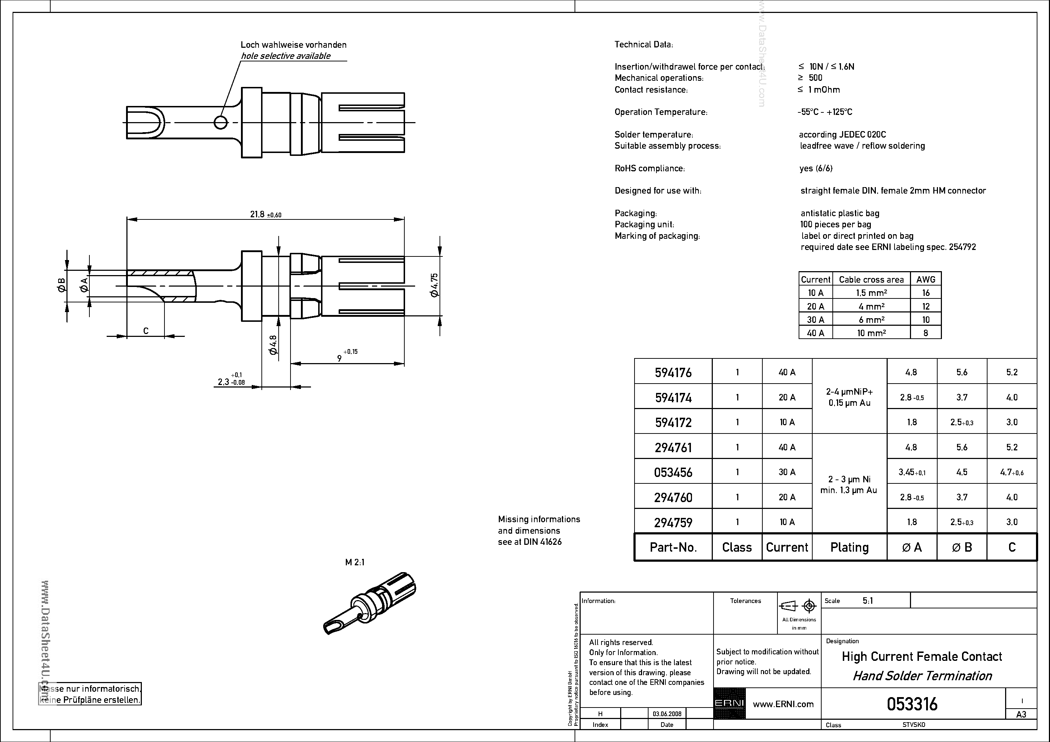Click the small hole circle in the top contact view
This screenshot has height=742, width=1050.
click(x=220, y=122)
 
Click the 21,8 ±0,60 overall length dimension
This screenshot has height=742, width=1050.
click(x=265, y=214)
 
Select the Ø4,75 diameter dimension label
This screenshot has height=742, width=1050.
click(x=435, y=285)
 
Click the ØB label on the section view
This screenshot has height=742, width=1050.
click(x=62, y=285)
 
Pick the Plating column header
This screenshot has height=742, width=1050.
click(x=849, y=547)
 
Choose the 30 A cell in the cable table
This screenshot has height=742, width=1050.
click(x=816, y=319)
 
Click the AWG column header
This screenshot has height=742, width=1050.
click(x=926, y=279)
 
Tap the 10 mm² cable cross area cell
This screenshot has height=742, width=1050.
click(x=871, y=333)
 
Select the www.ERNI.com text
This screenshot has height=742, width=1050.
click(x=783, y=704)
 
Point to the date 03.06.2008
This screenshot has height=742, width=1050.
click(x=667, y=714)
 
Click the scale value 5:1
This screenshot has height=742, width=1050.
click(x=868, y=600)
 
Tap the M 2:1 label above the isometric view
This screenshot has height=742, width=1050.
click(x=355, y=562)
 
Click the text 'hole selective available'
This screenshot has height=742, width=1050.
click(x=286, y=56)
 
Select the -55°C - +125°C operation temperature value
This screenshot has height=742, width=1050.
click(x=825, y=112)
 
